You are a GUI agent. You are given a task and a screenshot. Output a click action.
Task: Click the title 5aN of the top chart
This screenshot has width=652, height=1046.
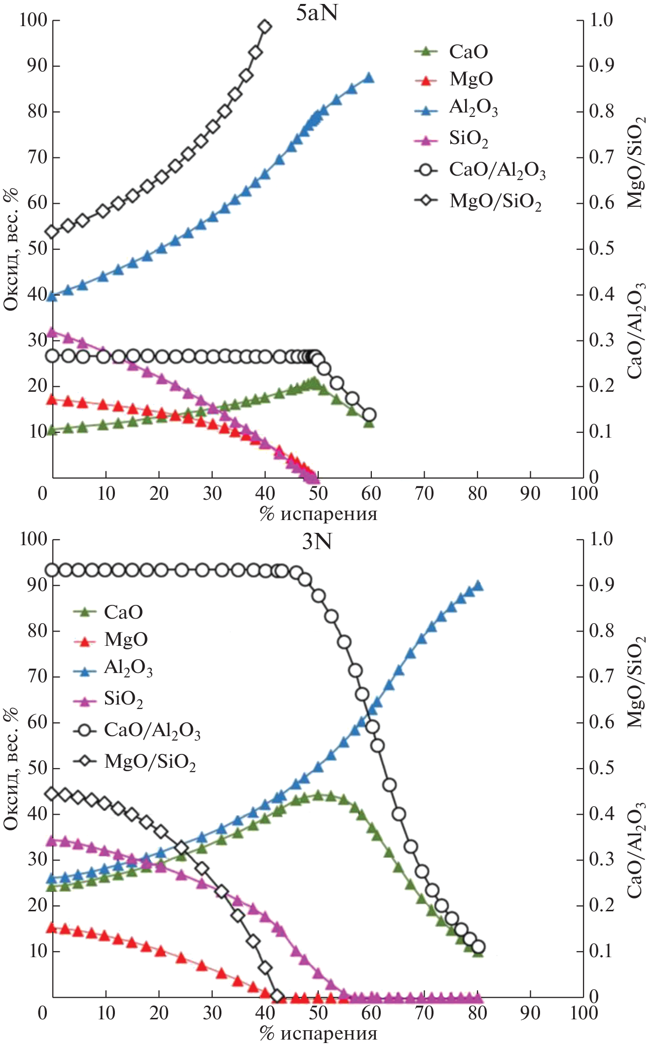317,13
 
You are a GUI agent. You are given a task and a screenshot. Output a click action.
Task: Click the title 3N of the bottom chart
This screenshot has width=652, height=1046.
317,542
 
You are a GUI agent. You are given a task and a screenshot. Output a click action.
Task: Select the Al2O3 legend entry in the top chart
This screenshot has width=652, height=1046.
472,108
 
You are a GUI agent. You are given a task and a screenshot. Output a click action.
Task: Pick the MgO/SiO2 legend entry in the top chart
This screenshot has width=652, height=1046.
495,201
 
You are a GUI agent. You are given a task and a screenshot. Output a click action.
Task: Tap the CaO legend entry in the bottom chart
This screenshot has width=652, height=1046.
123,612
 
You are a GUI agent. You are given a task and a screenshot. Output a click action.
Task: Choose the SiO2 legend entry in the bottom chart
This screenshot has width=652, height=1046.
123,700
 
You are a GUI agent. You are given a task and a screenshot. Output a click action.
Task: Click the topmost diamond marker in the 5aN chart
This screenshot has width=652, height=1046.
265,27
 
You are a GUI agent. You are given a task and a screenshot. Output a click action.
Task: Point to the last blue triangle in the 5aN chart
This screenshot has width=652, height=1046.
368,77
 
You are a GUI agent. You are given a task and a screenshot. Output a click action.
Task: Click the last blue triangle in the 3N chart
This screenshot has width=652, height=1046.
478,586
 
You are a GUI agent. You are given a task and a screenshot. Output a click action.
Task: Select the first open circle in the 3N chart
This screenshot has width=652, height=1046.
52,570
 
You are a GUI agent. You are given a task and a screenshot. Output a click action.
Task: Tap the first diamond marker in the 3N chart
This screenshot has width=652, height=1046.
52,794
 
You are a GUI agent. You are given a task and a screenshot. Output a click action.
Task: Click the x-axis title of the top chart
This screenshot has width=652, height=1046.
318,514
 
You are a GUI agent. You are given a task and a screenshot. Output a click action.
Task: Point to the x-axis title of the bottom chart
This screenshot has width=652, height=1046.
318,1033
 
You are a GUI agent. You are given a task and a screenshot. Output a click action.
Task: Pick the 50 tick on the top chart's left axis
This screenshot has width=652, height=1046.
37,249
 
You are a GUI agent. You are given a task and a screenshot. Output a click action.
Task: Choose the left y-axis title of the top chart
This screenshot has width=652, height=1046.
11,249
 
